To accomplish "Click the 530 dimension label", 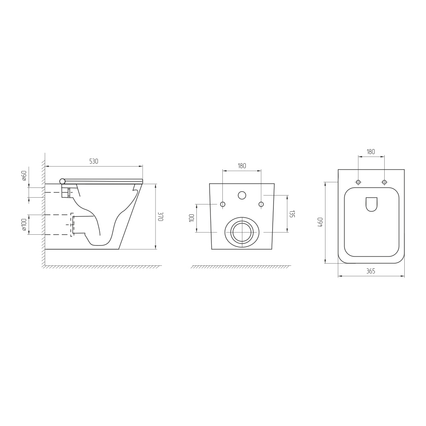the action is click(94, 161).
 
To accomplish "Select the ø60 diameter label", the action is click(24, 176).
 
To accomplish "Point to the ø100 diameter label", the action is click(24, 225).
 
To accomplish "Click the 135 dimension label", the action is click(292, 214).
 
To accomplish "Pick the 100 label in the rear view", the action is click(192, 218).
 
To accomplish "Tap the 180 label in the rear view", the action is click(242, 165).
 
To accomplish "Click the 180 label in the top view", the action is click(371, 152).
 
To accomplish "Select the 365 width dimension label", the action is click(371, 271).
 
